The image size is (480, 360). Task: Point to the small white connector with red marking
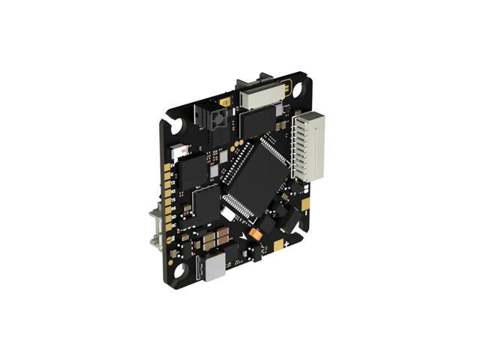coord(180,151)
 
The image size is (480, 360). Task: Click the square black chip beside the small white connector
coord(194,169)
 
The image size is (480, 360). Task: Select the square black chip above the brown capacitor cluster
coord(206,202)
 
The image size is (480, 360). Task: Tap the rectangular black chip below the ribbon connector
coord(259,121)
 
